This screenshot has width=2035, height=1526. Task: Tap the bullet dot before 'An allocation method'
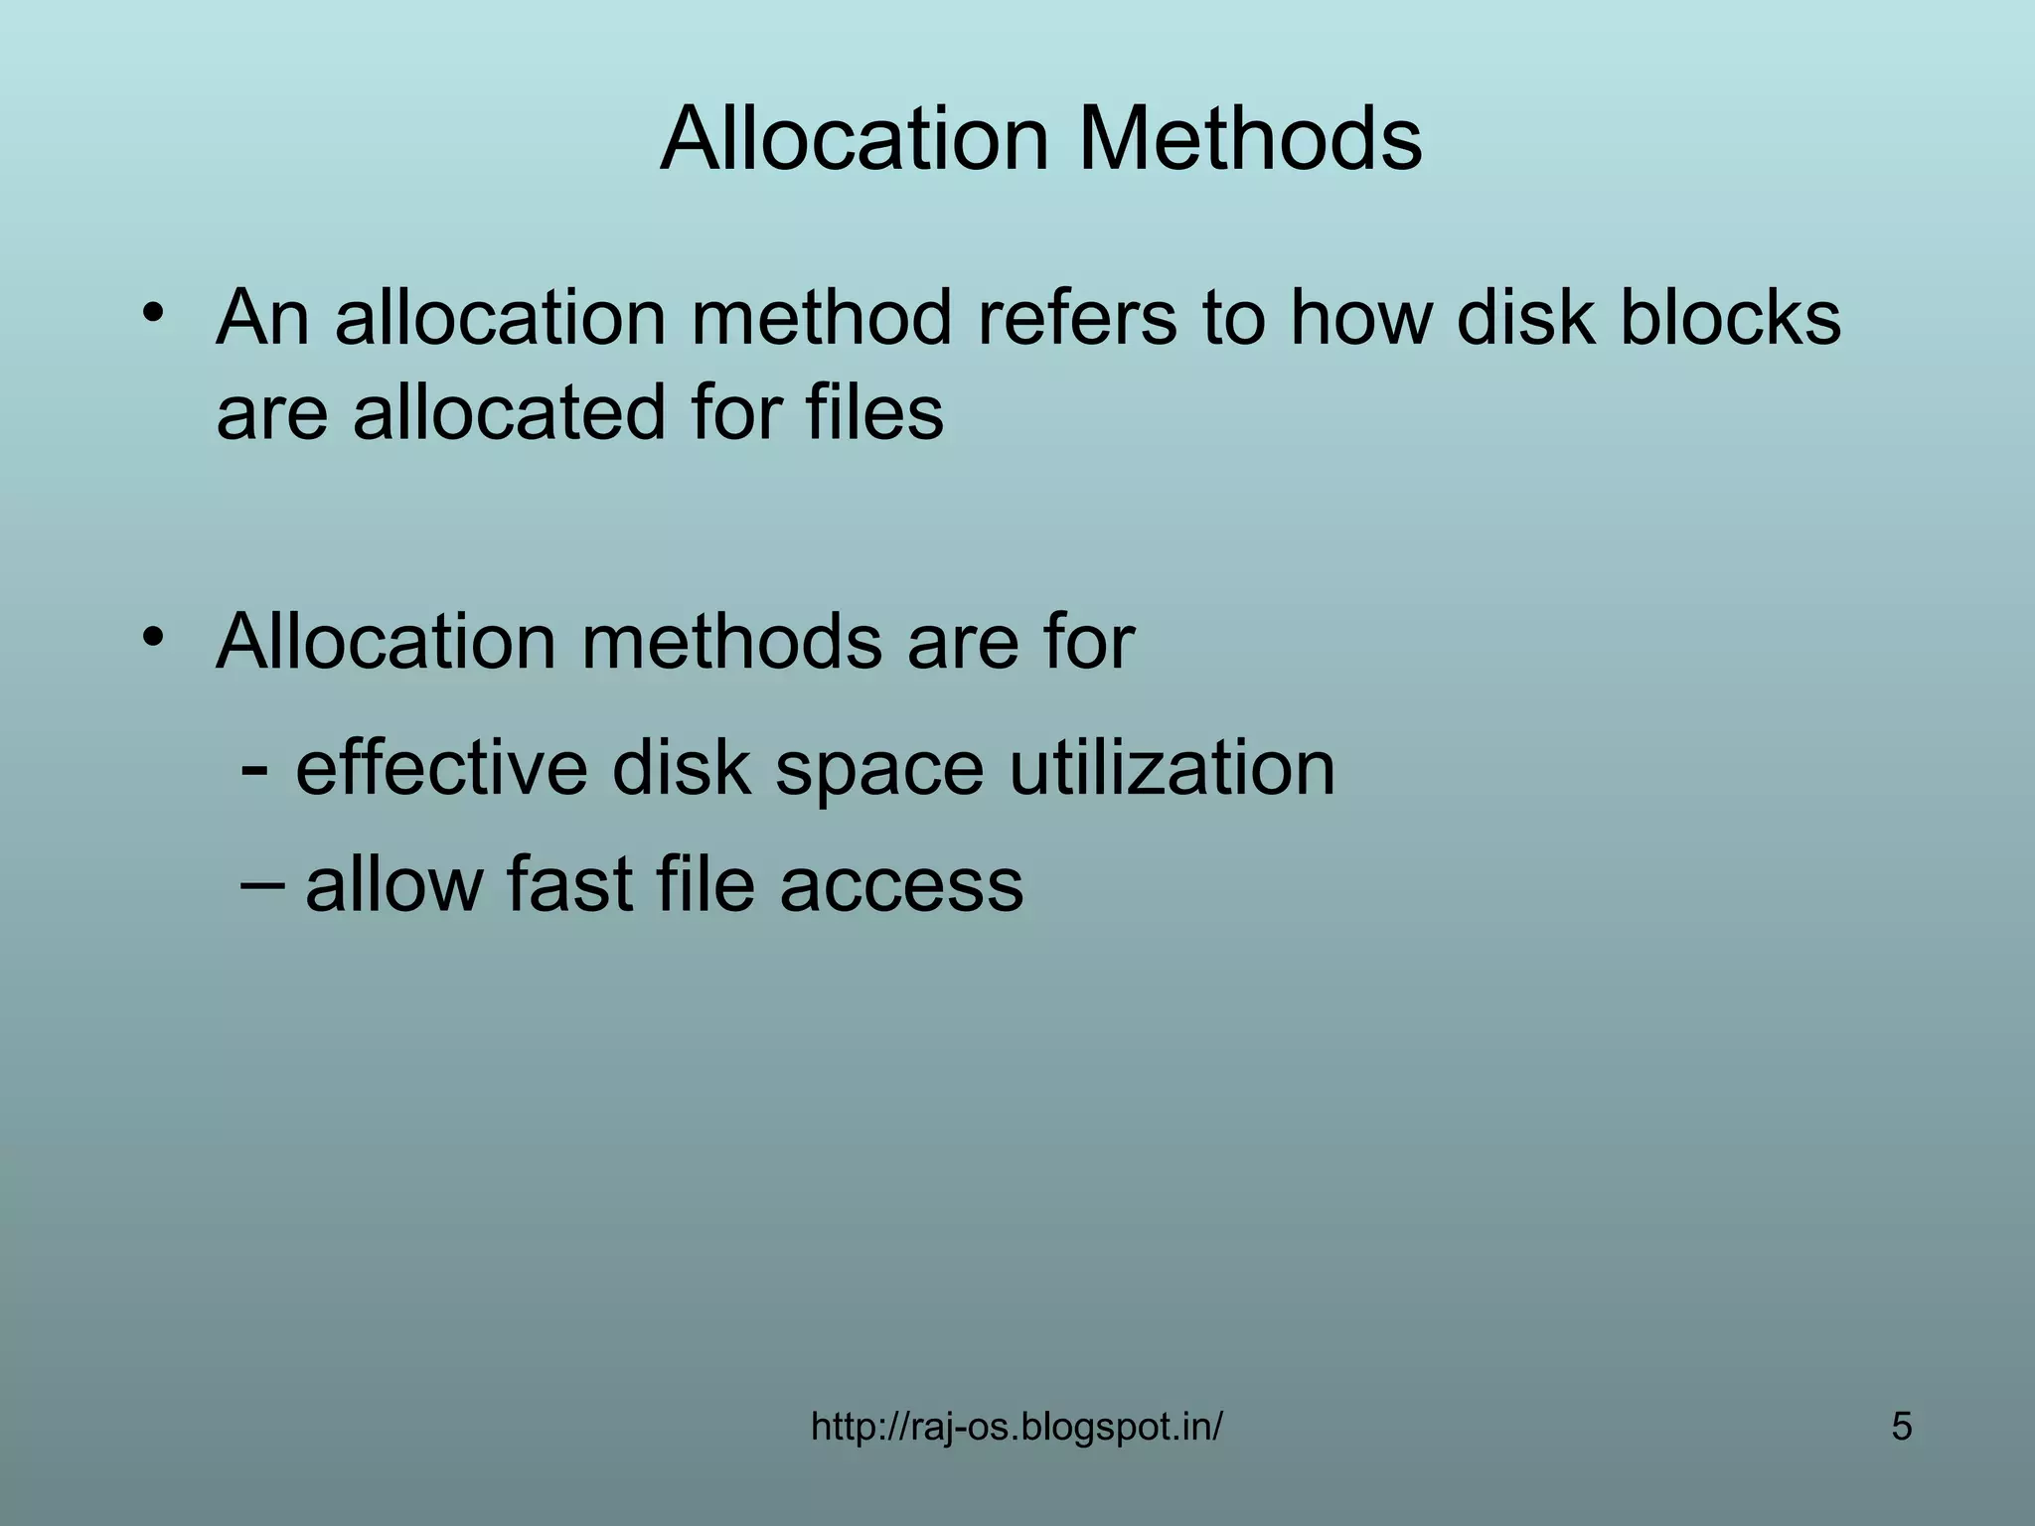[x=152, y=312]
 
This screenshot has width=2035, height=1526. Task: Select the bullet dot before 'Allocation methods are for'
[x=152, y=636]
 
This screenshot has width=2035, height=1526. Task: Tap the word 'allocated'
[x=509, y=412]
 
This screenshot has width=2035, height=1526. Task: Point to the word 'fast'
[x=569, y=883]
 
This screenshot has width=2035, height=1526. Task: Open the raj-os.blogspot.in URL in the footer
[x=1017, y=1427]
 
